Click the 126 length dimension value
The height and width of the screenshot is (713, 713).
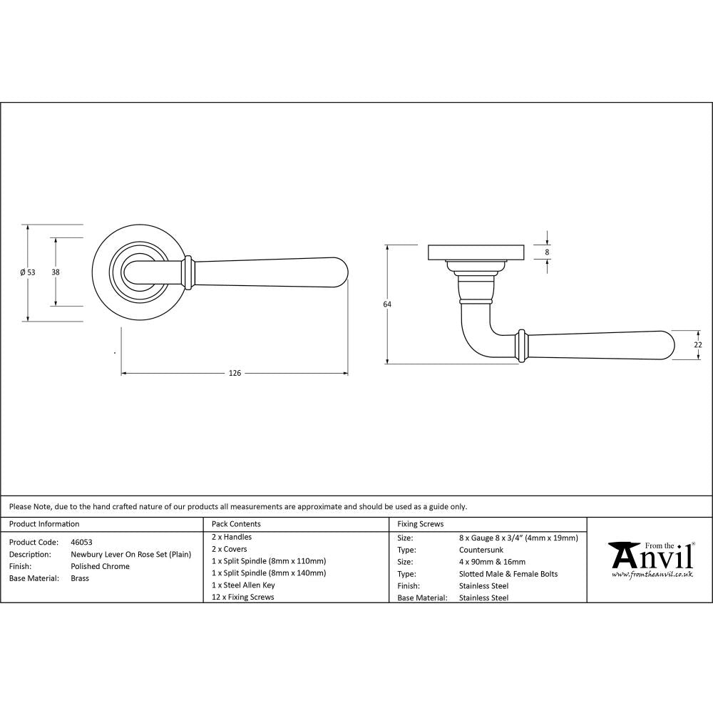(x=235, y=373)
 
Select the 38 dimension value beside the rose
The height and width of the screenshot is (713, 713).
(x=55, y=272)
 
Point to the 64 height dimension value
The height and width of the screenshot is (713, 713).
(x=387, y=304)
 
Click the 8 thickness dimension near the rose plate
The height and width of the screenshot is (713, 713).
(x=547, y=252)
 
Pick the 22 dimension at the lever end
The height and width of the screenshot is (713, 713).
(x=698, y=344)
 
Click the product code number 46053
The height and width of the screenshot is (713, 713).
(x=81, y=542)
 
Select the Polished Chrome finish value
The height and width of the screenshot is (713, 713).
(x=100, y=566)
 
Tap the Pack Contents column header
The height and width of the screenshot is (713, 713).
(x=236, y=524)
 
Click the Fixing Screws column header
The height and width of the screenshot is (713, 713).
(x=420, y=524)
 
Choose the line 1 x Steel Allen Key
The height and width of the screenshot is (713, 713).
(x=243, y=585)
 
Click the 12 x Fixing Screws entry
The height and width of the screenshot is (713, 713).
(x=242, y=597)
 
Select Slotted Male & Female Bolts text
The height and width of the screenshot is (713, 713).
(x=508, y=574)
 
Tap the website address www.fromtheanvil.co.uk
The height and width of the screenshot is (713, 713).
(x=652, y=574)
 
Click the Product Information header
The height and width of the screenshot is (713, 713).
(x=44, y=524)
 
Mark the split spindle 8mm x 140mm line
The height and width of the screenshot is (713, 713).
(x=269, y=573)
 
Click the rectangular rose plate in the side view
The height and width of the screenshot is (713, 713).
(x=476, y=252)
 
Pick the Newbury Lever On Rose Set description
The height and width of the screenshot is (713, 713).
(x=130, y=554)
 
